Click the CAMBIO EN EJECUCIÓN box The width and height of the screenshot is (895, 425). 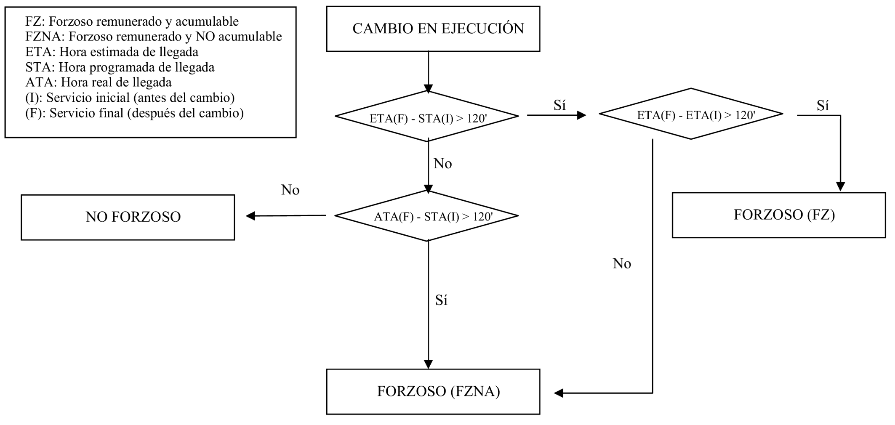433,29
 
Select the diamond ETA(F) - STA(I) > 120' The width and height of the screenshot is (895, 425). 427,117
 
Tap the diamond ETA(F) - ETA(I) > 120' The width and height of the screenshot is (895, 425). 691,114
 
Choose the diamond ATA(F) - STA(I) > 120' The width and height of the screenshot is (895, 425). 427,216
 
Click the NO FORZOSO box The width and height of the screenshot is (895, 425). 128,217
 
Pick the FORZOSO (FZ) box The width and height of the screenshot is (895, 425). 779,215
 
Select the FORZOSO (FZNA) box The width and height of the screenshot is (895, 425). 433,392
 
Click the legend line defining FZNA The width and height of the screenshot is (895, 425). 153,37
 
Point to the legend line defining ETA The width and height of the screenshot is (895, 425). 112,52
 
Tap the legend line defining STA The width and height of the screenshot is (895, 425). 120,67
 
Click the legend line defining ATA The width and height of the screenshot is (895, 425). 98,82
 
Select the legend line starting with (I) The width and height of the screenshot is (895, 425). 130,98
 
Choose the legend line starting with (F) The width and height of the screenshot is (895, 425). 134,113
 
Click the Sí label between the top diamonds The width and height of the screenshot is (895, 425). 559,105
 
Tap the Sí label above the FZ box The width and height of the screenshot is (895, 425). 823,105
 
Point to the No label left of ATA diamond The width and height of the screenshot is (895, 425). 290,190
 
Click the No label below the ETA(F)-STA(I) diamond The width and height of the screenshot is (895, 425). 442,164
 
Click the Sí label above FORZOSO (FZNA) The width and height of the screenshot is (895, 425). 441,300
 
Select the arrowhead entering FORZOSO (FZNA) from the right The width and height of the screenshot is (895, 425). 559,393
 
